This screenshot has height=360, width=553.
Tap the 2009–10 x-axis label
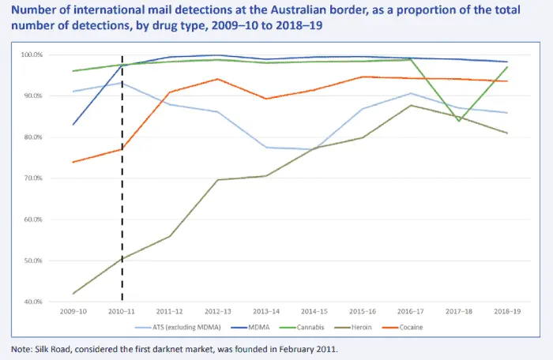73,311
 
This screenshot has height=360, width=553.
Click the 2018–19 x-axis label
507,311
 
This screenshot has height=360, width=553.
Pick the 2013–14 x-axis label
266,311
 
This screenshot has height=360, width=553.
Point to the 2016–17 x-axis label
411,311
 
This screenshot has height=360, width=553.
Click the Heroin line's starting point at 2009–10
73,294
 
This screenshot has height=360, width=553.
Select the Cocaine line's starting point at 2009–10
73,162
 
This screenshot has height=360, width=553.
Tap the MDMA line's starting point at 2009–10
73,125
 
